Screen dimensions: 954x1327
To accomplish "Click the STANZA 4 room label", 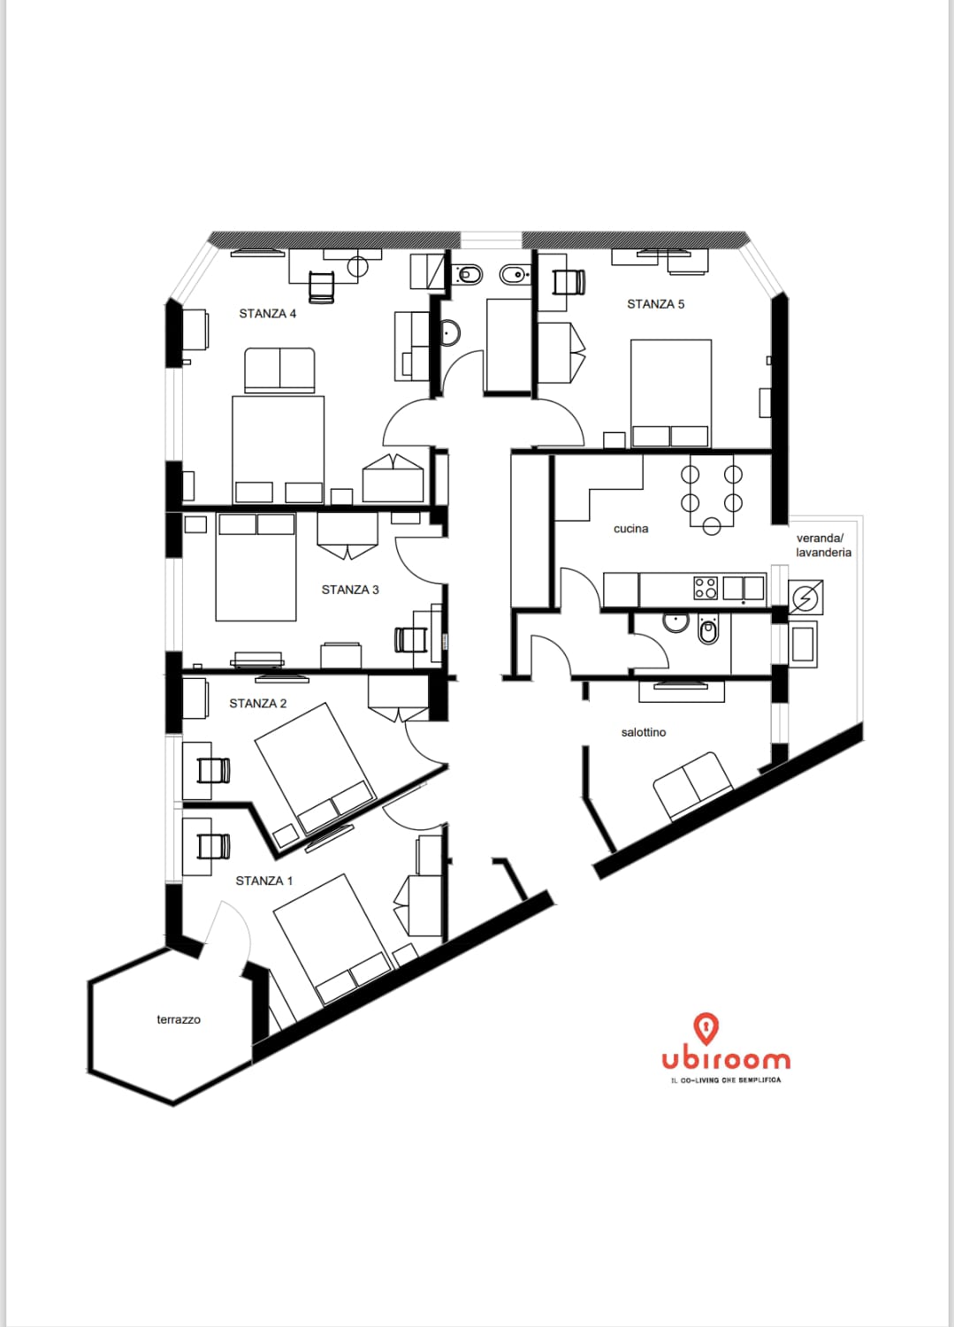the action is click(x=267, y=313).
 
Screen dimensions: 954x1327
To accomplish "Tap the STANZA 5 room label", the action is click(x=655, y=304).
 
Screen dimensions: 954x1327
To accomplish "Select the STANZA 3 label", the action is click(x=349, y=590).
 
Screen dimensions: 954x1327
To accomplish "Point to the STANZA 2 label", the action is click(x=258, y=703).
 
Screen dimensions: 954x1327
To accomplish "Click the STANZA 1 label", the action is click(x=263, y=881).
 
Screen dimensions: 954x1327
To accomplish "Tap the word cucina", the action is click(x=630, y=529).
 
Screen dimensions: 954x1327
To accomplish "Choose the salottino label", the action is click(x=644, y=732).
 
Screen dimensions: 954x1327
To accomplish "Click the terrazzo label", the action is click(x=179, y=1019).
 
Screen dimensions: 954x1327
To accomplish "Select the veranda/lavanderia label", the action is click(x=823, y=545).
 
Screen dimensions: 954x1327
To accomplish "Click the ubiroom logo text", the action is click(x=726, y=1060).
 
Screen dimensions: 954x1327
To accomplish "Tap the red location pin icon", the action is click(x=706, y=1028).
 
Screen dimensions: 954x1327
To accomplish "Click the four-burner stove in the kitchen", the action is click(x=706, y=588).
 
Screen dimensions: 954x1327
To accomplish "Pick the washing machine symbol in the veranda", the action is click(x=805, y=597).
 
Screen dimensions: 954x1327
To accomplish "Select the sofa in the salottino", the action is click(x=693, y=786).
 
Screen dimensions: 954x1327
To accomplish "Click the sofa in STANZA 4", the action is click(x=279, y=370).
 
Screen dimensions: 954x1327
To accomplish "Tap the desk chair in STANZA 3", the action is click(x=410, y=639).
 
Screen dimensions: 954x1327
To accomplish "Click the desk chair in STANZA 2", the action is click(x=214, y=771).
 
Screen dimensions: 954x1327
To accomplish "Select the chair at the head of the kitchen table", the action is click(x=712, y=526).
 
